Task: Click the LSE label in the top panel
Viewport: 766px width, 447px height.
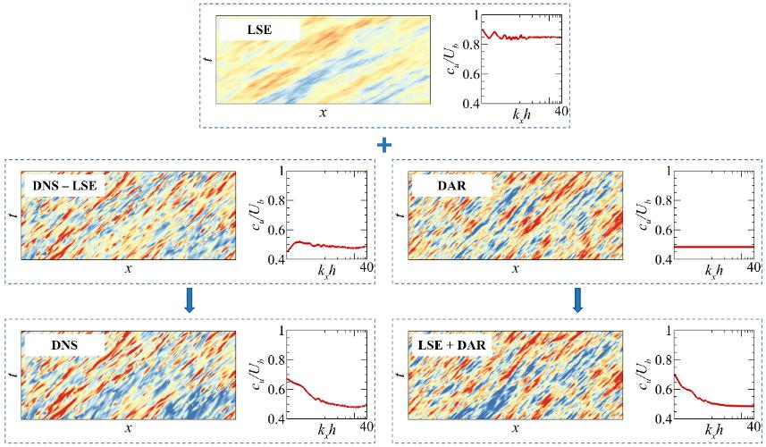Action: (x=260, y=30)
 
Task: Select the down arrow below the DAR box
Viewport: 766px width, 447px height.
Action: (x=578, y=302)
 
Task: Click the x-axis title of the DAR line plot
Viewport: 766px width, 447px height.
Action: (x=713, y=269)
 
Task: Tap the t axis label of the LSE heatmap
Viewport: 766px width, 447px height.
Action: (x=207, y=58)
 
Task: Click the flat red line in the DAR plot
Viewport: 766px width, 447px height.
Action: (x=715, y=247)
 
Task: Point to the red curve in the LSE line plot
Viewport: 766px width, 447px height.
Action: (x=527, y=38)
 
